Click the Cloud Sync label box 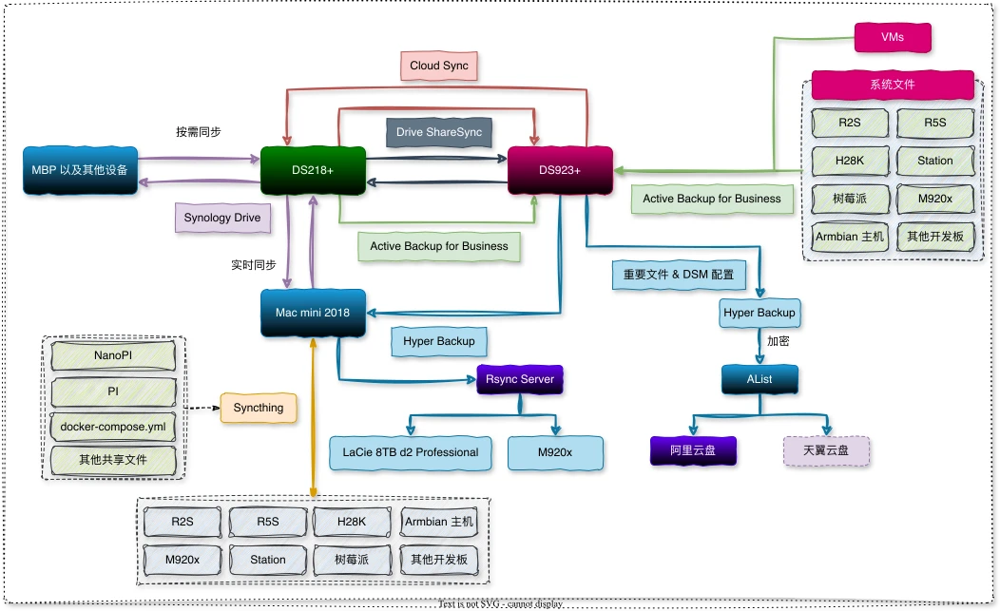pos(438,66)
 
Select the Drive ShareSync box pos(438,132)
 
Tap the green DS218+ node pos(314,169)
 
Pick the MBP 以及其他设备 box pos(80,170)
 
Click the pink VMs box pos(893,38)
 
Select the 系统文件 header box pos(893,85)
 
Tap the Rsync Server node pos(520,379)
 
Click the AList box pos(759,379)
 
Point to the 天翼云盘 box pos(826,450)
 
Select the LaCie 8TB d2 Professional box pos(411,452)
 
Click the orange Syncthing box pos(259,408)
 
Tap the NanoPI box pos(114,355)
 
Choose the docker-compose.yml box pos(114,427)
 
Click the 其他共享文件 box pos(114,462)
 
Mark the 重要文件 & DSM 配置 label pos(679,274)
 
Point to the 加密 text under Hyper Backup pos(779,338)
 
